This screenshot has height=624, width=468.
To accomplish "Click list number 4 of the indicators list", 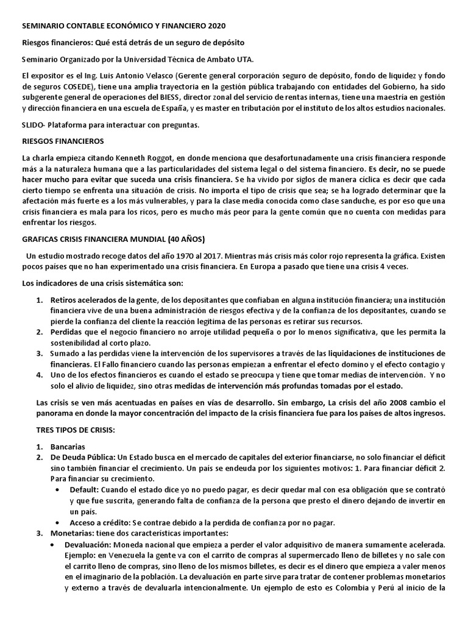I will (38, 375).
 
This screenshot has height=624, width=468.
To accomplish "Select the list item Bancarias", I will (68, 446).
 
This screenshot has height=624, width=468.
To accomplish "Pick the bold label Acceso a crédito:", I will (96, 522).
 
